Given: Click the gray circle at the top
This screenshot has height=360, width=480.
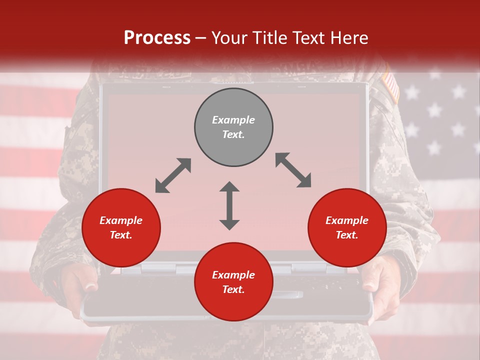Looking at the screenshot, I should [x=233, y=127].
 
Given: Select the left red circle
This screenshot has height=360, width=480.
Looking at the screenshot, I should [x=121, y=227].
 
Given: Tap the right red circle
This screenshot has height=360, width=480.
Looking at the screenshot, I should [x=347, y=227].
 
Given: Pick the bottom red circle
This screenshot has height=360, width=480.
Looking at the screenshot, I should [x=233, y=282].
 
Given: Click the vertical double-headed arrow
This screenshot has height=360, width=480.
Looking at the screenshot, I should [x=229, y=205].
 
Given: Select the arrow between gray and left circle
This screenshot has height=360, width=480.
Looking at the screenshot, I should [x=173, y=175].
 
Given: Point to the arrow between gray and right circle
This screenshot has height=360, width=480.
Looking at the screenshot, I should [x=293, y=170].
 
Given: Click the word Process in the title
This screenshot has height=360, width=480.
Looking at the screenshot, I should [x=157, y=37].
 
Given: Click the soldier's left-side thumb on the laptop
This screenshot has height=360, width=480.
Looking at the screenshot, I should [x=90, y=286].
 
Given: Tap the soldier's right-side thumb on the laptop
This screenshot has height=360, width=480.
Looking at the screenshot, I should [x=368, y=287].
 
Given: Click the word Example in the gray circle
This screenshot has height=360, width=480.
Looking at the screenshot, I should [x=233, y=120].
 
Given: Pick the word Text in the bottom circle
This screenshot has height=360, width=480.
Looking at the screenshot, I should [x=233, y=289].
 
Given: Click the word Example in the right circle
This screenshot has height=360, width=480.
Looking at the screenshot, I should [x=347, y=220].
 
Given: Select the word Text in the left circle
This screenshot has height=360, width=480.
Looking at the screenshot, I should [x=121, y=235].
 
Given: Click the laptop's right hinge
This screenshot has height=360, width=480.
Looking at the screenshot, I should [x=308, y=269].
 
